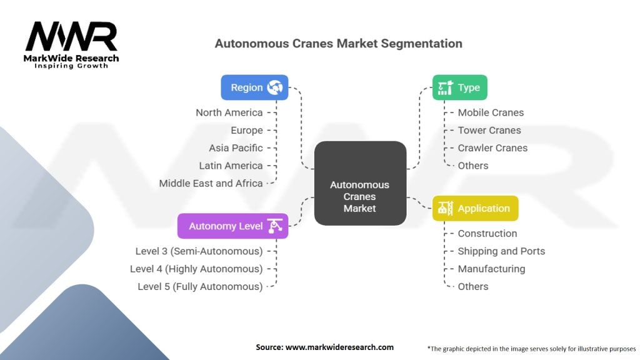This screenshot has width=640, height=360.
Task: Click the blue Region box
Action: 254,87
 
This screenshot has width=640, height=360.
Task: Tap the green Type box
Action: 459,87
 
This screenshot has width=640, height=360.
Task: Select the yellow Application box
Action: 475,209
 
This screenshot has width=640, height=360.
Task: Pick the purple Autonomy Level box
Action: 232,226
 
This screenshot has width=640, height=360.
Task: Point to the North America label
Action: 229,112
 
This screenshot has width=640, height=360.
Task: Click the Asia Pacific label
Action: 236,148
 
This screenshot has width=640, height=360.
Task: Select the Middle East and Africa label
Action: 211,183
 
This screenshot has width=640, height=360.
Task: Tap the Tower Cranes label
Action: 489,130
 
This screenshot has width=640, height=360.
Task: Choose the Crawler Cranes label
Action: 492,148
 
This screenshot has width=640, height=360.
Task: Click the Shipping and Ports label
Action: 501,251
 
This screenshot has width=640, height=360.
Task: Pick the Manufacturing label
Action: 491,269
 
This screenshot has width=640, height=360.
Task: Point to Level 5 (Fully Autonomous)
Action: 200,286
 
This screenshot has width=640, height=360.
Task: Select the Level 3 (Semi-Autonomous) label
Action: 199,251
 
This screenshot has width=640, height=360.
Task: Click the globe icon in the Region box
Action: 275,87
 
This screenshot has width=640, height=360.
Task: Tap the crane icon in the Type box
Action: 445,87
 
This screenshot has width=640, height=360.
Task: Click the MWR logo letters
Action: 71,37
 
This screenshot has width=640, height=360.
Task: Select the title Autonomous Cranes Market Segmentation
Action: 338,44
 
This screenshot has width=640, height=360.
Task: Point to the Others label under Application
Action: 473,286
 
